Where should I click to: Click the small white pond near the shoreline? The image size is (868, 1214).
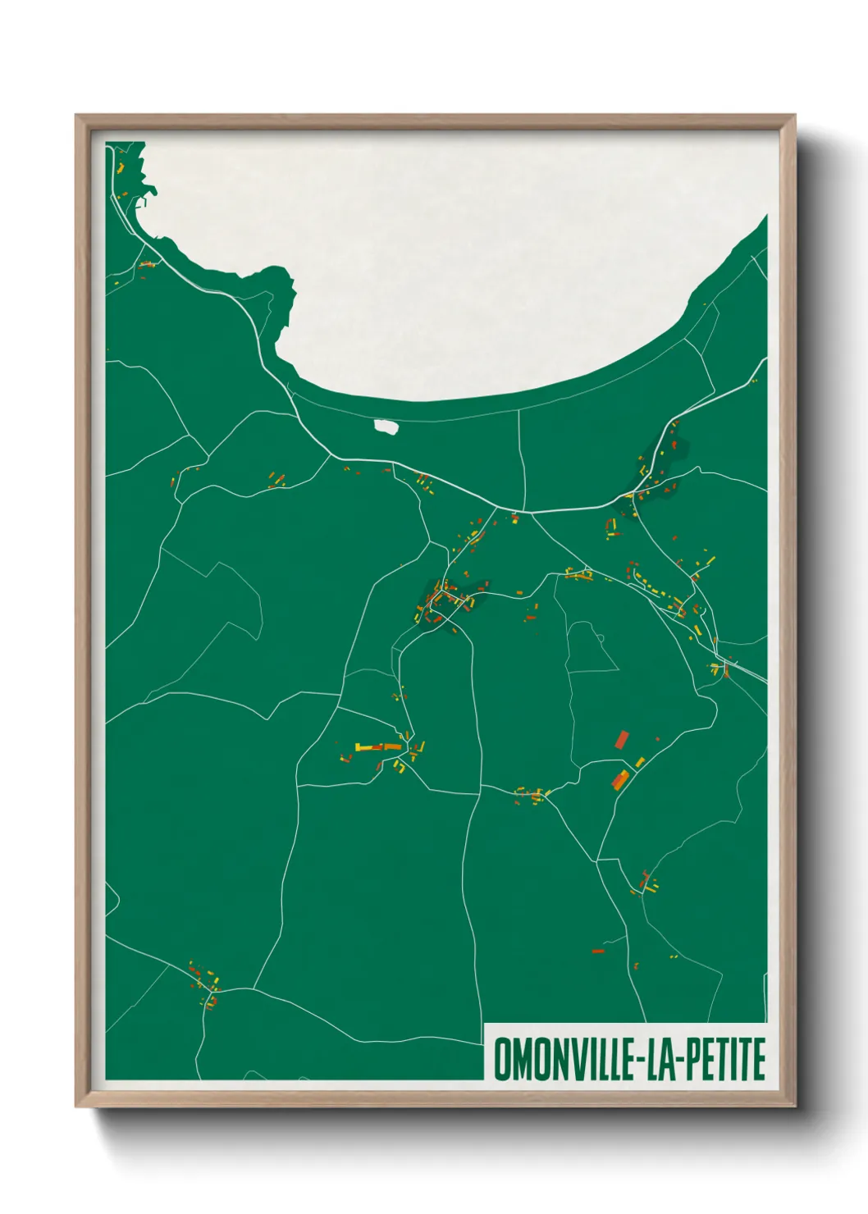pos(386,427)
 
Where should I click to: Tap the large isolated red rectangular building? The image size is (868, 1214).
pos(622,740)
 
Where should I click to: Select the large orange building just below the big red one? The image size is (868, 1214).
pos(619,778)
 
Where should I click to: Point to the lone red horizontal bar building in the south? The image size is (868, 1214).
pos(598,951)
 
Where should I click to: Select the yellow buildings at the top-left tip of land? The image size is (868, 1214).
pos(121,167)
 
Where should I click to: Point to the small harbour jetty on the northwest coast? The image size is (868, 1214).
pos(148,193)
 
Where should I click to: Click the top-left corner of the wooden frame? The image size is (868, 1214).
pos(77,116)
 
